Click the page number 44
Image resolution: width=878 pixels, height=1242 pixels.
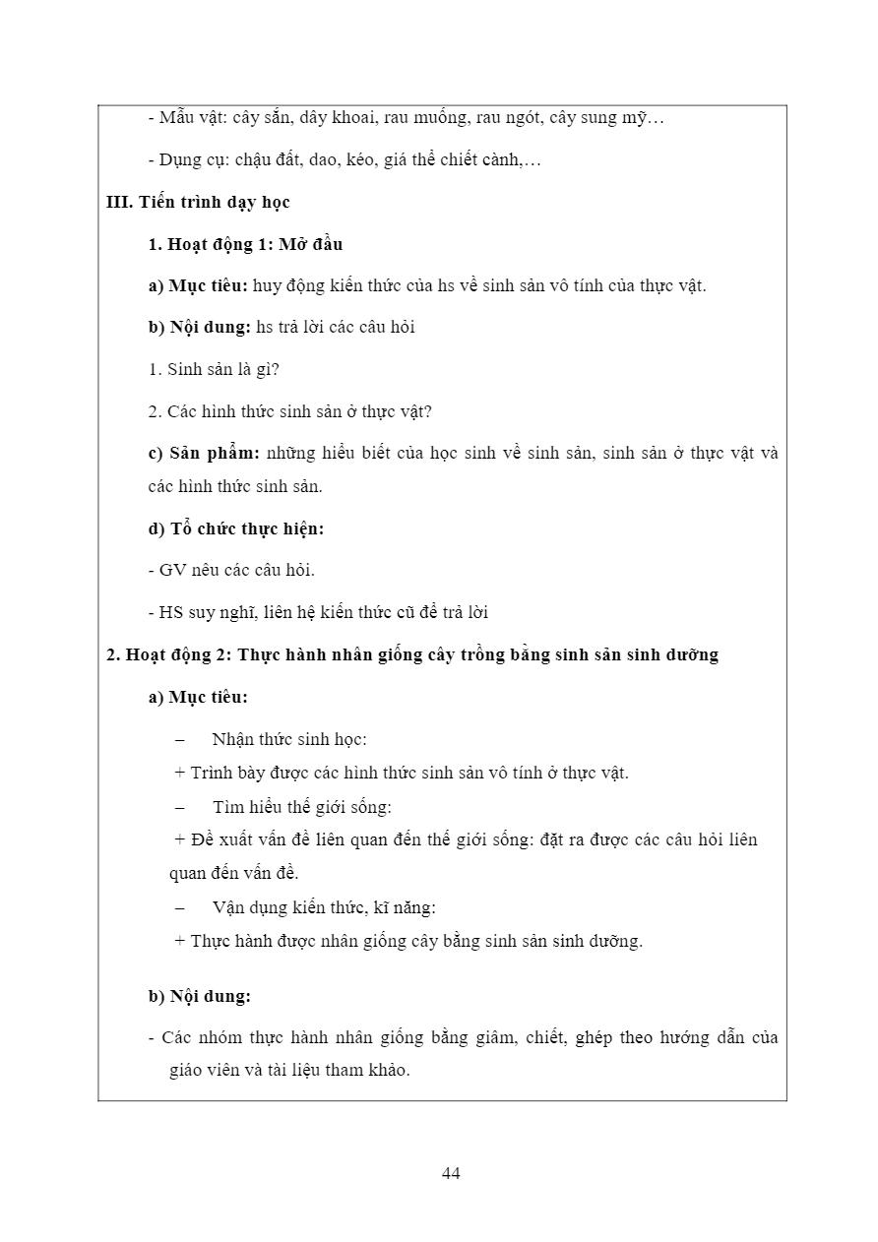[x=451, y=1173]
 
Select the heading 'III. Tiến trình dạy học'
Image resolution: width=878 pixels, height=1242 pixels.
[x=198, y=202]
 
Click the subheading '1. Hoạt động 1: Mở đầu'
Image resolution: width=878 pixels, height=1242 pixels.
[x=245, y=244]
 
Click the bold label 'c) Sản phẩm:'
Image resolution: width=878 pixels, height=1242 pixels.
[x=204, y=454]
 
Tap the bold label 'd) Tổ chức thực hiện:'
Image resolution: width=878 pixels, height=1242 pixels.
[x=235, y=528]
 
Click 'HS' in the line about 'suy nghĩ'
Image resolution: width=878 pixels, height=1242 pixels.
[x=170, y=612]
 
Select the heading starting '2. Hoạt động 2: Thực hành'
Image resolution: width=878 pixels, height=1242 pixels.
[x=412, y=654]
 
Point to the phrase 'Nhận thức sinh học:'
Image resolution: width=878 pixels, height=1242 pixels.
[x=288, y=739]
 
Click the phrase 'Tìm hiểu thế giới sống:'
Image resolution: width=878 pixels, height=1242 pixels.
[x=301, y=807]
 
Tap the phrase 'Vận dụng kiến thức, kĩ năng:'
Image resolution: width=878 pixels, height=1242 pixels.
[x=323, y=907]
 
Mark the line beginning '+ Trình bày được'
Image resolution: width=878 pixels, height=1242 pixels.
[x=402, y=773]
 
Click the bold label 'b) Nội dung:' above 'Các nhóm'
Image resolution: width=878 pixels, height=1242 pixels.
[x=200, y=996]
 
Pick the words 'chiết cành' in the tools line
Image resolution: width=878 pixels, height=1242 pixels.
[x=483, y=159]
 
